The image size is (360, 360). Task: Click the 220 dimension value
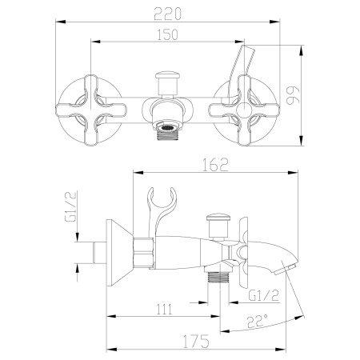[x=179, y=13]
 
